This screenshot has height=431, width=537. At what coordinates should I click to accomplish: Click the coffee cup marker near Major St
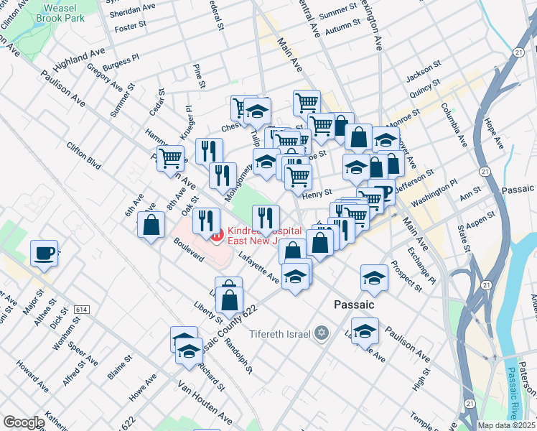45,254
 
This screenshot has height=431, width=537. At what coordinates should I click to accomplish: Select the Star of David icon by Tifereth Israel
322,333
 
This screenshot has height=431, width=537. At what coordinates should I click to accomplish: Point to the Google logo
23,422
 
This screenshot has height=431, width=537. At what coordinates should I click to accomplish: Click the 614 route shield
81,309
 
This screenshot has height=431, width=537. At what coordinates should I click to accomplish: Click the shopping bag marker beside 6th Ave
151,226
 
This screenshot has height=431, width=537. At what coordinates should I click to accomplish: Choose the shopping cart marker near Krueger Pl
171,158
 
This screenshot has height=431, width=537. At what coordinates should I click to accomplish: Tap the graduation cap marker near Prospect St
374,277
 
